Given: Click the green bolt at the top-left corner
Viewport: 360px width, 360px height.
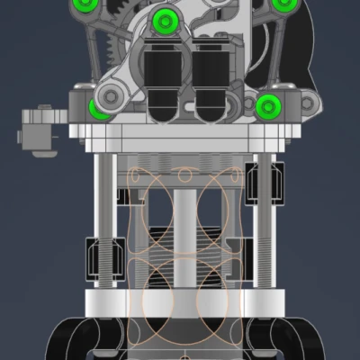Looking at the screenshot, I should [x=84, y=6].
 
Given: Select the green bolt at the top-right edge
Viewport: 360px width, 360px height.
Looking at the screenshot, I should [x=283, y=4].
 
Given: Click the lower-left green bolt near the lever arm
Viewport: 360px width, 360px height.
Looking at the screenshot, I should [x=99, y=109].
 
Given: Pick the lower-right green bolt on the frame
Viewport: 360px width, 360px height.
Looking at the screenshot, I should [x=268, y=106].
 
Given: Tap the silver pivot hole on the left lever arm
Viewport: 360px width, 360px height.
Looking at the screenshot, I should [x=111, y=94].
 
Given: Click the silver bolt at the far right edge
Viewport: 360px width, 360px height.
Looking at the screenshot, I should [x=308, y=104].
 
